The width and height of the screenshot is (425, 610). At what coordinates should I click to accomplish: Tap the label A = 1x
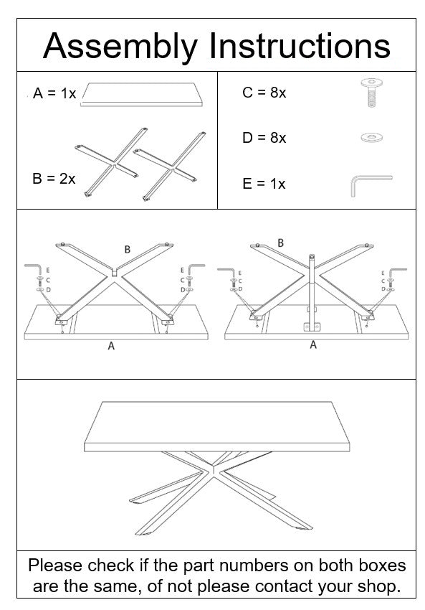[x=54, y=94]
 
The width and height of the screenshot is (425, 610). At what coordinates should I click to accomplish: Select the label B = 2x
[x=54, y=179]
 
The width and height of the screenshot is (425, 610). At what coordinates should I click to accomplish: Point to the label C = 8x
[x=264, y=93]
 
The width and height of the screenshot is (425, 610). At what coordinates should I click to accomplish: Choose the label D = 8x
[x=264, y=138]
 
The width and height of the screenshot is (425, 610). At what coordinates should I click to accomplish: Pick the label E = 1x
[x=264, y=184]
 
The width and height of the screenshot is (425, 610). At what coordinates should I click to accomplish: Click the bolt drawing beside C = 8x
[x=371, y=93]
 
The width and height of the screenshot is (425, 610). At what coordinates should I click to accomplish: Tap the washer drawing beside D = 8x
[x=371, y=136]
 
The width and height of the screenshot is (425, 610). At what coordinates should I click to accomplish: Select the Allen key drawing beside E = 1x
[x=369, y=184]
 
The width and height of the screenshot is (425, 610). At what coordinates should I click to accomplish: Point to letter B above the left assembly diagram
[x=127, y=249]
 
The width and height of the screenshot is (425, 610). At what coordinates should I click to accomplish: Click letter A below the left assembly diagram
[x=111, y=346]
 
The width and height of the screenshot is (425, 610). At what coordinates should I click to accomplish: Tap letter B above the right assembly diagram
[x=280, y=243]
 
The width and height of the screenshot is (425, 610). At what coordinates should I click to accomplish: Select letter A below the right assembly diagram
[x=312, y=345]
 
